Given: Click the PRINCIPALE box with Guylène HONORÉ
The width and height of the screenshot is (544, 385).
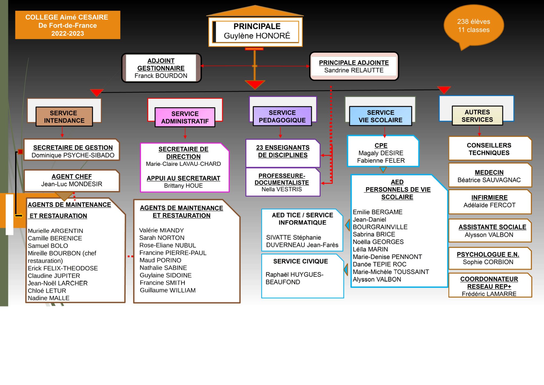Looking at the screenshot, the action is tap(255, 32).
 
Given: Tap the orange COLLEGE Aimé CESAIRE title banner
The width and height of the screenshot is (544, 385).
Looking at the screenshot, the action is tap(68, 25).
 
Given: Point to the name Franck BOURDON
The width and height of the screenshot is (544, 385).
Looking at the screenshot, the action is tap(161, 76).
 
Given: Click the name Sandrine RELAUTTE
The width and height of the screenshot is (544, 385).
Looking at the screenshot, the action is tap(354, 70).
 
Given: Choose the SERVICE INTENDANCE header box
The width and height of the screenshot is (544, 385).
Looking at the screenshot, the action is tap(64, 117).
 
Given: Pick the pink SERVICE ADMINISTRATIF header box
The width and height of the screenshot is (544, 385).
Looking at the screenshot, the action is tap(185, 117).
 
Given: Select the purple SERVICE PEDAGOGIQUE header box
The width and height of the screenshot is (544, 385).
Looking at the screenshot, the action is tap(282, 116).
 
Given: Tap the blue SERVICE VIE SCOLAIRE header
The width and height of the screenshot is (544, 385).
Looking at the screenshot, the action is tap(380, 116).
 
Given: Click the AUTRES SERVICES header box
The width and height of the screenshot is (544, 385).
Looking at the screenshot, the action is tap(477, 116).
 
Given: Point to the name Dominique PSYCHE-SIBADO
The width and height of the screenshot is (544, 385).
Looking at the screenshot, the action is tap(73, 155).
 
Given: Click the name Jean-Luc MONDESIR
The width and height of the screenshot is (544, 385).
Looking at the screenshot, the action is tap(72, 184).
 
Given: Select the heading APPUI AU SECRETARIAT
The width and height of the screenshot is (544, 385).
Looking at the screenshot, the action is tap(183, 178).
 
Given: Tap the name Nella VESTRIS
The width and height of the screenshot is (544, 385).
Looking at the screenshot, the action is tap(282, 189).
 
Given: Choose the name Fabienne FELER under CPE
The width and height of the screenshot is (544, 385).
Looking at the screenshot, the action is tap(381, 160).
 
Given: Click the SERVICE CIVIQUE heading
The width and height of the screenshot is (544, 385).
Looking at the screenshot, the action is tap(301, 261).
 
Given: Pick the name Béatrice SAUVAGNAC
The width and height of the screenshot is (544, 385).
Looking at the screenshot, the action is tap(489, 180).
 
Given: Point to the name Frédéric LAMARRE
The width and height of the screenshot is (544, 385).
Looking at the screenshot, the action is tap(489, 294).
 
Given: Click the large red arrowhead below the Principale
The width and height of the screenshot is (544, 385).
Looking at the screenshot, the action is tap(255, 85).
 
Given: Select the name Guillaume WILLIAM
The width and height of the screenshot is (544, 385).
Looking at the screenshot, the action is tap(168, 290).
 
